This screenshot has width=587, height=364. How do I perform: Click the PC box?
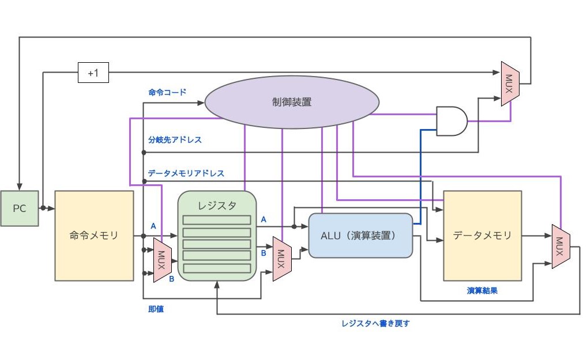(20, 208)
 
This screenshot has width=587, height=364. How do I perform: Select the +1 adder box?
(93, 73)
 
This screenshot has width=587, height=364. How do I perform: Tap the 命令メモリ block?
(94, 235)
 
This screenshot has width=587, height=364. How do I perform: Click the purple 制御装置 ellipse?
(292, 102)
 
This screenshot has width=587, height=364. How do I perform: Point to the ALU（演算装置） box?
(361, 235)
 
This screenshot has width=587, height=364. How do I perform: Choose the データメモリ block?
(482, 235)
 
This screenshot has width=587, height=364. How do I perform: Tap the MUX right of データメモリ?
(560, 246)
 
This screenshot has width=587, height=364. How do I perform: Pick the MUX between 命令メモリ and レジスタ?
(161, 260)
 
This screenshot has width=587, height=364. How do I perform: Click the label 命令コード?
(167, 92)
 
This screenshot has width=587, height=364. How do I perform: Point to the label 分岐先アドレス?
(175, 139)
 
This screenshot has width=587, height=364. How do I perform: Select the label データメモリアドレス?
(186, 173)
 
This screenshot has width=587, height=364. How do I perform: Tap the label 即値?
(156, 309)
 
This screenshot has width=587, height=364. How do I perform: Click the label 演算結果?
(482, 291)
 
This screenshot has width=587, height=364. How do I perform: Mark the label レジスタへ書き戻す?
(375, 323)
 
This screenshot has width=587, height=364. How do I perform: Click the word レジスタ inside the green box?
(217, 205)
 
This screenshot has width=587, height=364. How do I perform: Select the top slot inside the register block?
(217, 219)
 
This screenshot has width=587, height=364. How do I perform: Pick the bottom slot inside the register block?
(217, 268)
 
